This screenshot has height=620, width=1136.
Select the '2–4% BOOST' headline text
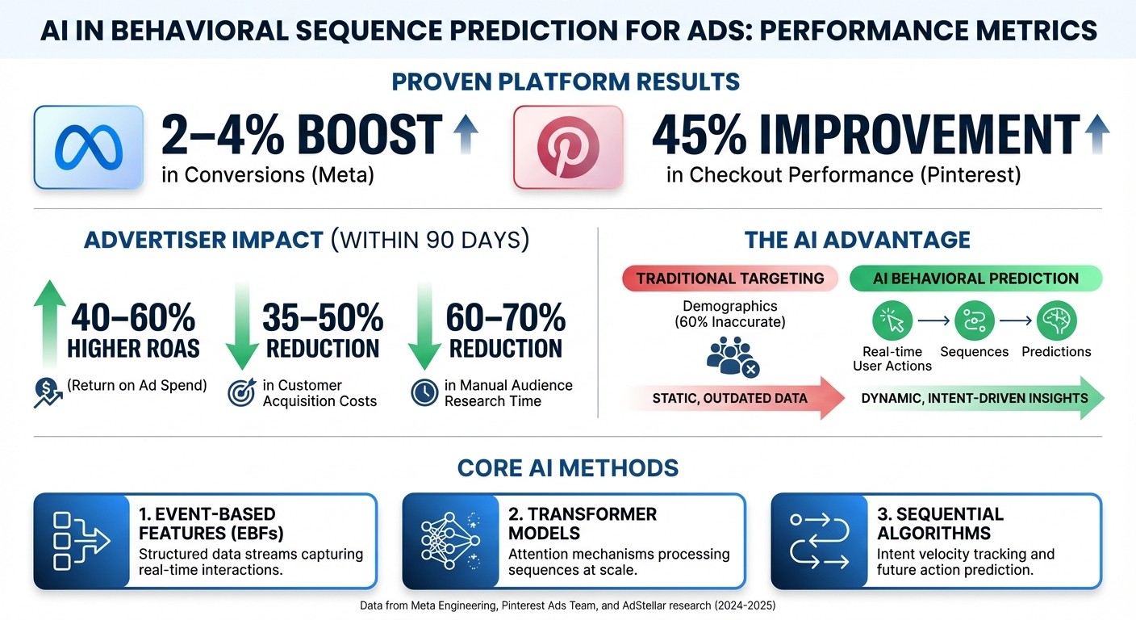coord(302,135)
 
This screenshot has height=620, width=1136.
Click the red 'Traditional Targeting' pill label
coord(730,279)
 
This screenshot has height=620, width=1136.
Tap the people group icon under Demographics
coord(730,358)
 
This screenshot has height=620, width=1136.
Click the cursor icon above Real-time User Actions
coord(892,321)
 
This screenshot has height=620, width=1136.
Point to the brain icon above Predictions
coord(1056,321)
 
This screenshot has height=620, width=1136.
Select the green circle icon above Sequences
coord(974,321)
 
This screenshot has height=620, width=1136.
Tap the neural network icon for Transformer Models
coord(450,540)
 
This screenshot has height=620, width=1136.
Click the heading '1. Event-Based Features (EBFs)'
coord(207,523)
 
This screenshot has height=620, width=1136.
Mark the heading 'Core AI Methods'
coord(567,467)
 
